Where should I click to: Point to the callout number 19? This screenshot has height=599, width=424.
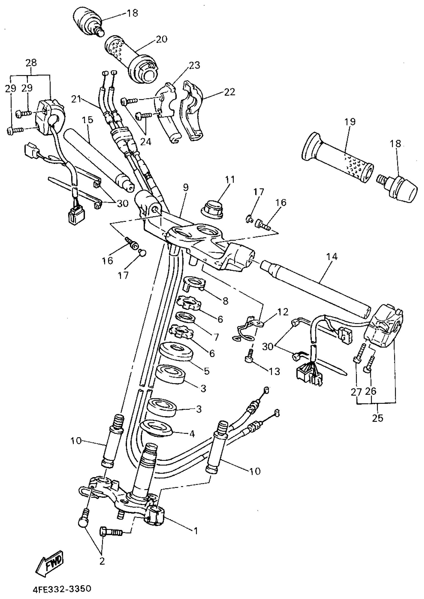[x=350, y=122]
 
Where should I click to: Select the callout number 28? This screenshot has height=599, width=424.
[x=31, y=63]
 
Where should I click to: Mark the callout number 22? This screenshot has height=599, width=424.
[x=230, y=92]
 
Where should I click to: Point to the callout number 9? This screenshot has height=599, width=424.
[x=186, y=188]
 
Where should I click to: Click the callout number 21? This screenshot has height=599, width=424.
[x=76, y=99]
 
